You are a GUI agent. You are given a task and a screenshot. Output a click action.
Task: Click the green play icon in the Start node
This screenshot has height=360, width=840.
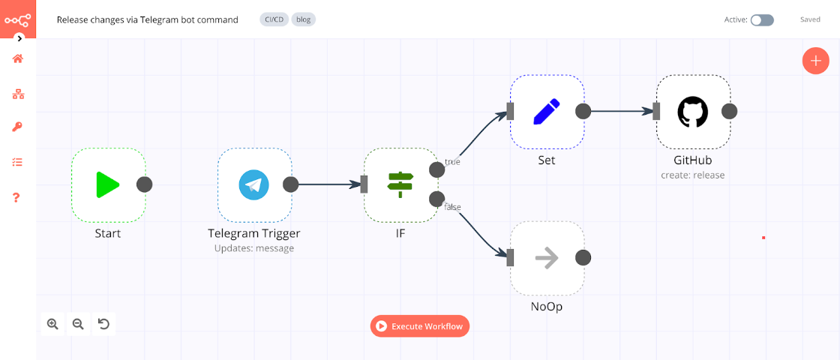tap(108, 184)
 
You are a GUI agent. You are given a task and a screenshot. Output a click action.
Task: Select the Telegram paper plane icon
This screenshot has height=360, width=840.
tap(253, 184)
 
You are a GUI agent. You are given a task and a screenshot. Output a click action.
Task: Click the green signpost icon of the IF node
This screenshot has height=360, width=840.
tap(400, 184)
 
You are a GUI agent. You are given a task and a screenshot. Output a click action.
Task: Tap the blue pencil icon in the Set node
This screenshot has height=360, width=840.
tap(547, 112)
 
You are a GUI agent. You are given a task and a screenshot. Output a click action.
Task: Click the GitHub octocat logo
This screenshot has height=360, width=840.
tap(692, 112)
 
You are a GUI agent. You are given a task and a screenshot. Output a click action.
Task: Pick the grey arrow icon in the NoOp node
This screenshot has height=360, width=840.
tap(547, 258)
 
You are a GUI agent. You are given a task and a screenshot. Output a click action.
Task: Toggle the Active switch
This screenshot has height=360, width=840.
tap(762, 20)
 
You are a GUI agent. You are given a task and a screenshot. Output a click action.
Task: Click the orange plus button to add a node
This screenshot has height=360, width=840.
tap(815, 61)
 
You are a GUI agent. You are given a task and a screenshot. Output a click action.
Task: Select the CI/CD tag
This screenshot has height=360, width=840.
tap(274, 20)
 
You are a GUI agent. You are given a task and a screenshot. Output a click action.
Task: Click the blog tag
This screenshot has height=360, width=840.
tap(304, 20)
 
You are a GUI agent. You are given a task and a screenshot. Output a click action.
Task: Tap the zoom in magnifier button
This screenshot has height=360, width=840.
tap(52, 324)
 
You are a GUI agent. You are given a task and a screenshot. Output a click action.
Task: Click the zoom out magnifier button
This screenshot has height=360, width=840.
tap(78, 324)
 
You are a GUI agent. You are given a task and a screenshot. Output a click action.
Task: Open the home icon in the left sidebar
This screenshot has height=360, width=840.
tap(18, 58)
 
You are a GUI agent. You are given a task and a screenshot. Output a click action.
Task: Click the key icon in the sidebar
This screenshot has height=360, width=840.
tap(18, 127)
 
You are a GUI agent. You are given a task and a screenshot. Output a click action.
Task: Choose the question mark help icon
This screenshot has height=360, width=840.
tap(18, 197)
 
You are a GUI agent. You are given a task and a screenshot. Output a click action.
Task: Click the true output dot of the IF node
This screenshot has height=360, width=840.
tap(436, 169)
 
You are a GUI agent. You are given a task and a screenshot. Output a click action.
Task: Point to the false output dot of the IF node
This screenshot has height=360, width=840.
tap(436, 199)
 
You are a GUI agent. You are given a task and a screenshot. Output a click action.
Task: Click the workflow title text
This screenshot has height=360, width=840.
tap(148, 20)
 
